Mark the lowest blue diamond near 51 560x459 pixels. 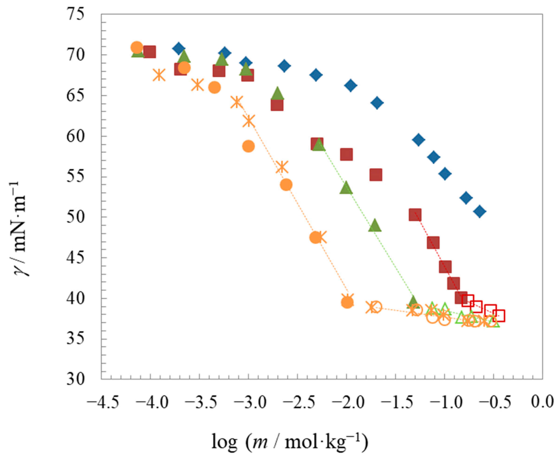click(480, 211)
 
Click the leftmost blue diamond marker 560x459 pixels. click(178, 48)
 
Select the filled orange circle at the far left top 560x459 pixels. click(136, 47)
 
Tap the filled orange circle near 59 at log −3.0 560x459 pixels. click(248, 146)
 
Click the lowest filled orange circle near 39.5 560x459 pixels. click(347, 302)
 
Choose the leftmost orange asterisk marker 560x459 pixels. click(159, 75)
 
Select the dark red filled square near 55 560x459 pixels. click(376, 175)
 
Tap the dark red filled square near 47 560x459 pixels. click(433, 243)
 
